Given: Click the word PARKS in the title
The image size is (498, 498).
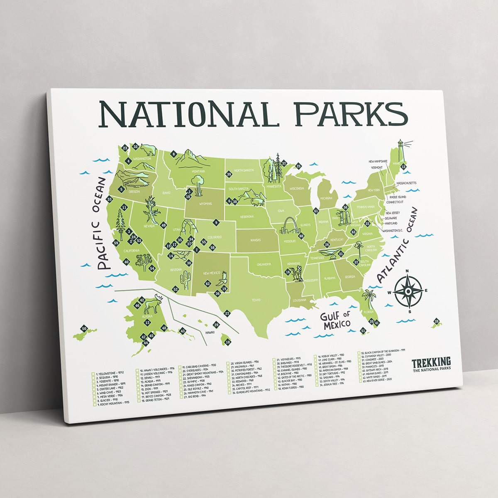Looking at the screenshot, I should [349, 114].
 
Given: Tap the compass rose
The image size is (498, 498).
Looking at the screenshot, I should [408, 291].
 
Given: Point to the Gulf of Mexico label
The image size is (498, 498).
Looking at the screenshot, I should [335, 320].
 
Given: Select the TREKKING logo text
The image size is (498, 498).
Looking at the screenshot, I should [431, 362].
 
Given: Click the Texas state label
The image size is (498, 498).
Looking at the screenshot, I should [256, 300].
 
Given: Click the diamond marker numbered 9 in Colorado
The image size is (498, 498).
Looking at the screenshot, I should [216, 223].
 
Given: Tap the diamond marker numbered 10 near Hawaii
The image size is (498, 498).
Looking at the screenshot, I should [227, 342].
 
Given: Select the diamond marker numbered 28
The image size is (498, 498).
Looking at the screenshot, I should [436, 321].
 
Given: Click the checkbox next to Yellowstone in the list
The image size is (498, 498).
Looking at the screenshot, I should [93, 373].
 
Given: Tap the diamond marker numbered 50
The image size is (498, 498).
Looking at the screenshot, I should [84, 329].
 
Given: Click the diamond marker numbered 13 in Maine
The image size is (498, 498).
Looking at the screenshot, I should [403, 167].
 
